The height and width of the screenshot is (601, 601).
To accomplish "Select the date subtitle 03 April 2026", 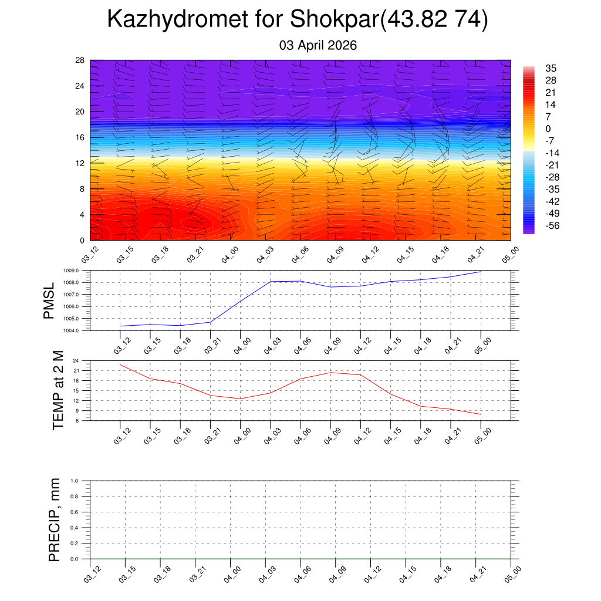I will click(x=317, y=45).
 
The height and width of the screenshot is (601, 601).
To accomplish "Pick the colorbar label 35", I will click(x=551, y=67).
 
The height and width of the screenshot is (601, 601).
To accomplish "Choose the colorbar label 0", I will click(x=548, y=129).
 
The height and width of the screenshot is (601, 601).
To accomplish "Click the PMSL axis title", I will click(x=49, y=300).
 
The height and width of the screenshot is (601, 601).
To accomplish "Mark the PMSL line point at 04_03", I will click(x=271, y=282).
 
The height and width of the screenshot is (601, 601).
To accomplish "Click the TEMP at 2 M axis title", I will click(x=58, y=390).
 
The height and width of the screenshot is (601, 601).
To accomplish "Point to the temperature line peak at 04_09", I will click(x=331, y=373).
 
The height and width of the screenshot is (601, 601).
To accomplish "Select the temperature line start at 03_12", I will click(x=120, y=364).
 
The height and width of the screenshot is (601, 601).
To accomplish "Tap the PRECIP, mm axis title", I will click(x=55, y=520).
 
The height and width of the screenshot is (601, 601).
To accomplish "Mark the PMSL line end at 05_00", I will click(x=481, y=272).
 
